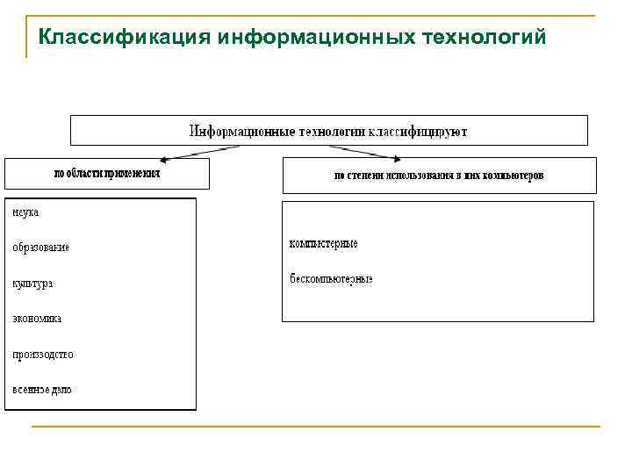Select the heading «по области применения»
pyautogui.click(x=107, y=174)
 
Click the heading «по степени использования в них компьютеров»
pyautogui.click(x=439, y=176)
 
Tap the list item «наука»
pyautogui.click(x=25, y=212)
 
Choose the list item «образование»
pyautogui.click(x=40, y=248)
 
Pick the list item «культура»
pyautogui.click(x=32, y=284)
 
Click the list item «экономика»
pyautogui.click(x=37, y=319)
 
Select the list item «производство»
pyautogui.click(x=43, y=355)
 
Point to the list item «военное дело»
pyautogui.click(x=42, y=390)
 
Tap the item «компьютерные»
pyautogui.click(x=324, y=243)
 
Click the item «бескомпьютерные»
pyautogui.click(x=331, y=279)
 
